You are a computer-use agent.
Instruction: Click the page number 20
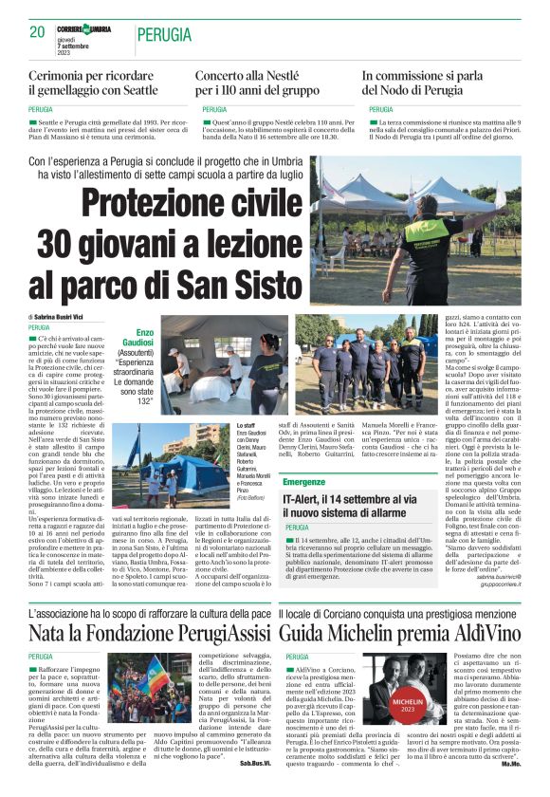click(37, 31)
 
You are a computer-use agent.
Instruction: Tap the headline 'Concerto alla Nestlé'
click(255, 74)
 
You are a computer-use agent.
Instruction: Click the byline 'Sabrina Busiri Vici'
click(72, 315)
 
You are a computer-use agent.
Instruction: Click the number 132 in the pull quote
click(144, 401)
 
